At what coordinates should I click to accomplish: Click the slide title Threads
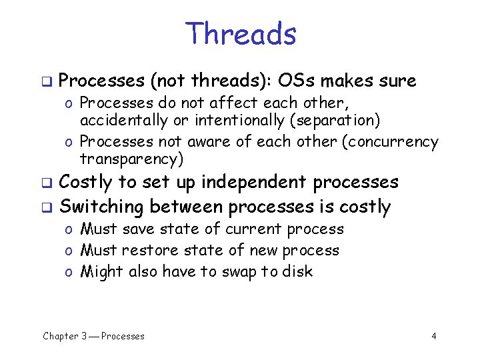(241, 34)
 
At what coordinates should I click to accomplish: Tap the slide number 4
(434, 336)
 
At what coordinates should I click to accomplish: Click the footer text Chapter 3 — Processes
(93, 336)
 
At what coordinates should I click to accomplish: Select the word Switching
(102, 207)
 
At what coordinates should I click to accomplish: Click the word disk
(297, 272)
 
